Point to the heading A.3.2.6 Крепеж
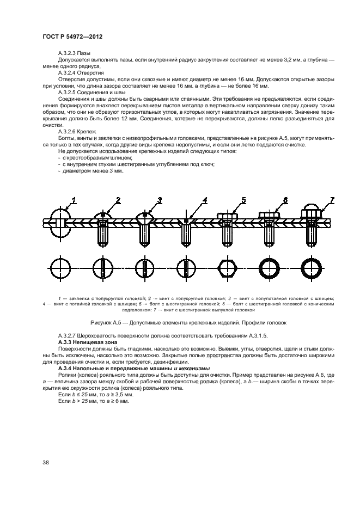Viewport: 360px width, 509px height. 77,132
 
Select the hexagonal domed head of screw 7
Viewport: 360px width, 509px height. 311,212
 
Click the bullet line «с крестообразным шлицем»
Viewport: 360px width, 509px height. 94,157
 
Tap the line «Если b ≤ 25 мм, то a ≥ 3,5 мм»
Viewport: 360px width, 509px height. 93,394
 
